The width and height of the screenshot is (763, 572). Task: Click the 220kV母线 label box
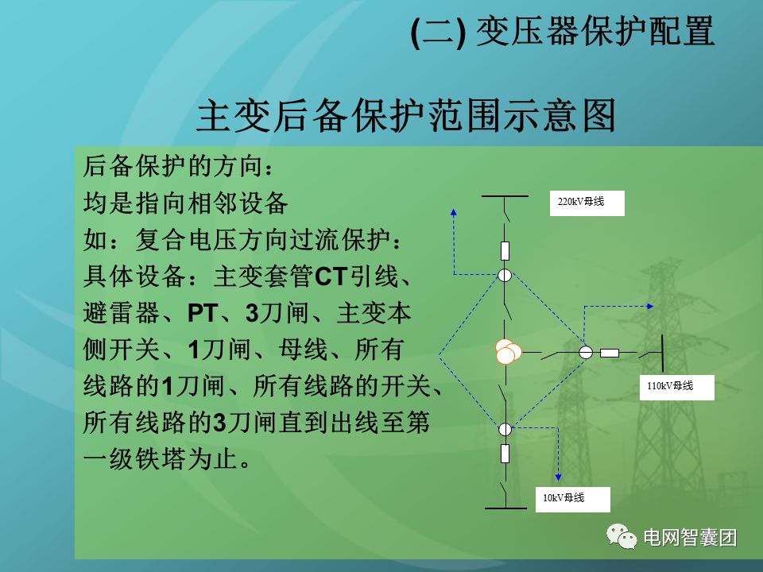coord(587,203)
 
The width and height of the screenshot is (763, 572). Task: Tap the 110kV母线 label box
coord(676,387)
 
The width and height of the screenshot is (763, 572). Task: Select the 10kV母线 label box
coord(571,498)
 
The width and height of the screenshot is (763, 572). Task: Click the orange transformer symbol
coord(506,351)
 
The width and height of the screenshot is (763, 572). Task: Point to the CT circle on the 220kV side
coord(505,276)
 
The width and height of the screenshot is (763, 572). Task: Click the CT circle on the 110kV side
coord(586,352)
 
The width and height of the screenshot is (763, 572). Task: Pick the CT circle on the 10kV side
coord(505,429)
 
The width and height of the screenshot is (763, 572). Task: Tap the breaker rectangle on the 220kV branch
coord(505,251)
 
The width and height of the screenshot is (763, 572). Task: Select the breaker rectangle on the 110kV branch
coord(610,352)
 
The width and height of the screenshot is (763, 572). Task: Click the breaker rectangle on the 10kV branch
coord(505,454)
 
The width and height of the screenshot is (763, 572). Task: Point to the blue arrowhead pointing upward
coord(454,212)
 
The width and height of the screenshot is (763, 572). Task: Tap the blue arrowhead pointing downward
coord(557,479)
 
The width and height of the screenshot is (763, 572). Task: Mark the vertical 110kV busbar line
coord(664,352)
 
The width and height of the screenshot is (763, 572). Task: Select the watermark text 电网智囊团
coord(690,538)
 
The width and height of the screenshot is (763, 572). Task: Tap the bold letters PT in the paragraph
coord(202,312)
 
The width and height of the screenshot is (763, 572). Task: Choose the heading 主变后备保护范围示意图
coord(406,116)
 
